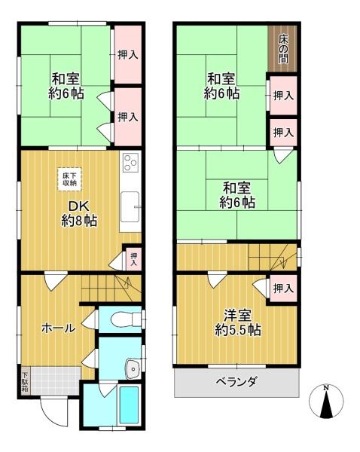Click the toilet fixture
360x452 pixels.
tap(126, 319)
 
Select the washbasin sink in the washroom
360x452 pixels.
tap(133, 368)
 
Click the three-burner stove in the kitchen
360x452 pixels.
tap(130, 162)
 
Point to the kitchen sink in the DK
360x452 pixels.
tap(130, 206)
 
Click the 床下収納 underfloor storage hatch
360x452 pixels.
tap(69, 179)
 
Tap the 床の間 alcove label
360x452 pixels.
tap(282, 49)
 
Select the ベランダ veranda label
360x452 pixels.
tap(236, 383)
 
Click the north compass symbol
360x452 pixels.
tap(326, 402)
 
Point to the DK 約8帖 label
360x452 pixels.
tap(79, 214)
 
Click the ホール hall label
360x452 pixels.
tap(59, 328)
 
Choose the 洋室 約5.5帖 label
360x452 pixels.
tap(238, 322)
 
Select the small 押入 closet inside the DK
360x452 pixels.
tap(133, 258)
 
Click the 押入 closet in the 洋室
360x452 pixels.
tap(283, 289)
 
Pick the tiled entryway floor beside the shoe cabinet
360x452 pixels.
tap(54, 380)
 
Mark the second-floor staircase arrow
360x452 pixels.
tap(282, 257)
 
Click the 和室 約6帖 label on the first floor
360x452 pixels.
tap(66, 86)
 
